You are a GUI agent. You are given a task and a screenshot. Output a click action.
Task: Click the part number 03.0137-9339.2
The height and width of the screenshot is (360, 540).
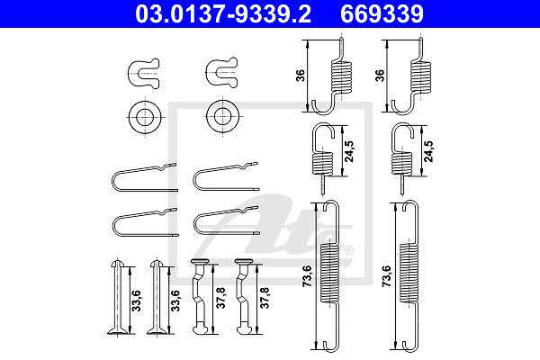(x=223, y=13)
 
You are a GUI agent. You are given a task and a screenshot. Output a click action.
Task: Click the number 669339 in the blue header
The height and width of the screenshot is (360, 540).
(x=382, y=13)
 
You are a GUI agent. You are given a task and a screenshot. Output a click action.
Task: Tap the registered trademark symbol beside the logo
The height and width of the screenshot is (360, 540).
(x=348, y=250)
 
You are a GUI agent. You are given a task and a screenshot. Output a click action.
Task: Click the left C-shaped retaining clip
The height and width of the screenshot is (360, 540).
(x=144, y=74)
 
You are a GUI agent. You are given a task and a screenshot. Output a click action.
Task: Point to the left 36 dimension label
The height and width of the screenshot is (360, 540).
(x=301, y=76)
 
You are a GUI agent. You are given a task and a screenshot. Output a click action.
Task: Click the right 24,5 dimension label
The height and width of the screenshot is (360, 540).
(x=428, y=151)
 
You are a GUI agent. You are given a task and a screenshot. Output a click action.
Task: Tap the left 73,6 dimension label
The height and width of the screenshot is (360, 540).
(x=307, y=275)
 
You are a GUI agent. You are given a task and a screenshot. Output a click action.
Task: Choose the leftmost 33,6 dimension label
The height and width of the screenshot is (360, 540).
(x=137, y=301)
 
